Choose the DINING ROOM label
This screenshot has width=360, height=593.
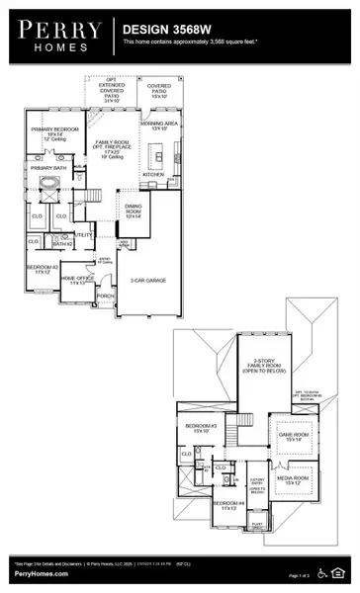(x=134, y=210)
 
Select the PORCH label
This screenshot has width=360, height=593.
(x=106, y=294)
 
